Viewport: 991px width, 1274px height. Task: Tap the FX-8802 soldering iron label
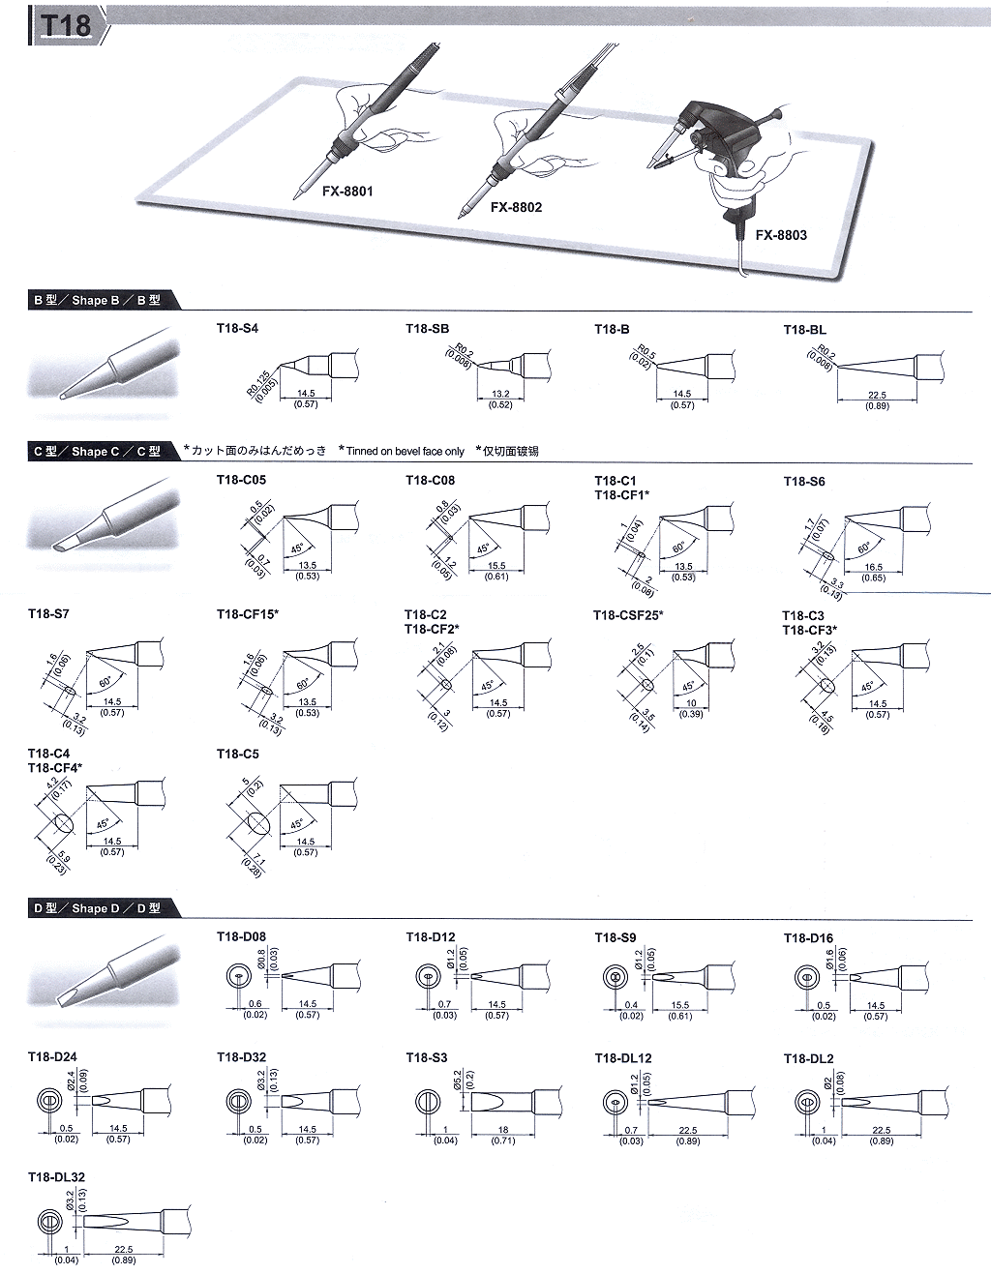point(516,207)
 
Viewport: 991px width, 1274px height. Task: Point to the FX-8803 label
point(780,235)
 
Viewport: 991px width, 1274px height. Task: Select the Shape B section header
point(96,301)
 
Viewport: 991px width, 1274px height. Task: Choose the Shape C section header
point(96,452)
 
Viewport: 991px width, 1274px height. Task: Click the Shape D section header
point(96,908)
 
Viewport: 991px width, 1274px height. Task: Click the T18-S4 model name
point(237,329)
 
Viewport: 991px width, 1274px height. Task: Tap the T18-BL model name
point(804,330)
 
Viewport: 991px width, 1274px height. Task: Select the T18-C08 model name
point(430,481)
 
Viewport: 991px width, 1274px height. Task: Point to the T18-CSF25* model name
point(628,615)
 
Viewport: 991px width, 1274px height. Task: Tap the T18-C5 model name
point(238,754)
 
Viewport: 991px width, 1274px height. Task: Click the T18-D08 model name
point(241,937)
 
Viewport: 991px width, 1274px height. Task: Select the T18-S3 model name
point(426,1058)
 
